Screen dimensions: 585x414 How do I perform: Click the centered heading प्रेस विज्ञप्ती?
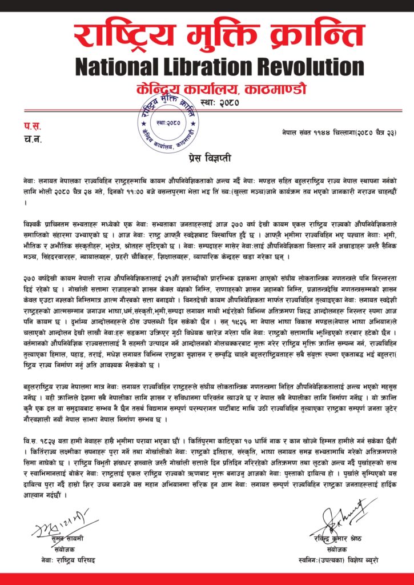[207, 155]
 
